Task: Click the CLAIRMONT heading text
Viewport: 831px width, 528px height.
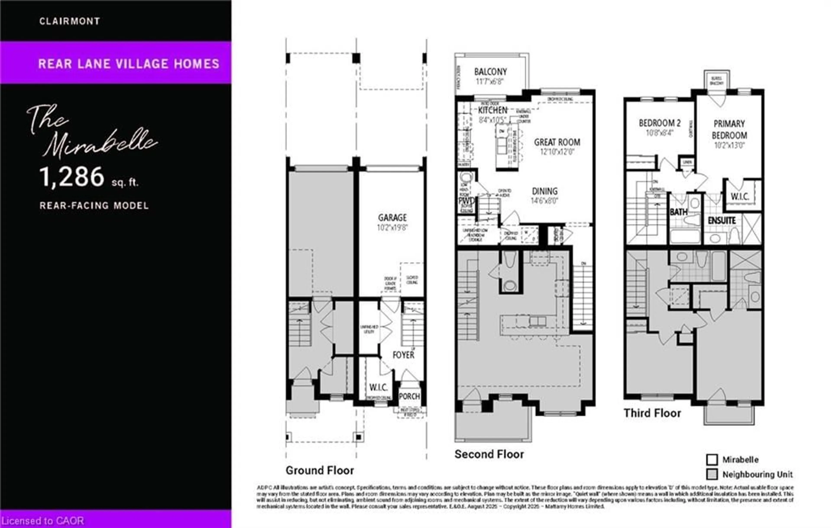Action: pyautogui.click(x=69, y=21)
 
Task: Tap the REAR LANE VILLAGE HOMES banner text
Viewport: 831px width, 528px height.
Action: pyautogui.click(x=129, y=64)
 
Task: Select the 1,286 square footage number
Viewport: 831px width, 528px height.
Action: pyautogui.click(x=72, y=177)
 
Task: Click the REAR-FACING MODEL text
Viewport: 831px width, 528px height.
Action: pyautogui.click(x=94, y=206)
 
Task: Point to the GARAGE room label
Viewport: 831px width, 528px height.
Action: pyautogui.click(x=392, y=218)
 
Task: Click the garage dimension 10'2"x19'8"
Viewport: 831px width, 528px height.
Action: pyautogui.click(x=392, y=228)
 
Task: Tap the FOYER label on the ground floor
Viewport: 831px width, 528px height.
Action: pyautogui.click(x=403, y=355)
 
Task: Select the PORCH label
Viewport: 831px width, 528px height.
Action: pyautogui.click(x=409, y=396)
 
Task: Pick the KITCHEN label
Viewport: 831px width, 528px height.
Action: pyautogui.click(x=493, y=110)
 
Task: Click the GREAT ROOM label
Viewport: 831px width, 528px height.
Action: pyautogui.click(x=557, y=142)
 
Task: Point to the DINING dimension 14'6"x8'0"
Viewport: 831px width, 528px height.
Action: pyautogui.click(x=544, y=201)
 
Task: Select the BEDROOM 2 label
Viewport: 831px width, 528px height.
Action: pyautogui.click(x=659, y=123)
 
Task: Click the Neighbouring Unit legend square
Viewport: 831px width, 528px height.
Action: pyautogui.click(x=712, y=474)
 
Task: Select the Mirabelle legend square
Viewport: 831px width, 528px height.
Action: pyautogui.click(x=712, y=460)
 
